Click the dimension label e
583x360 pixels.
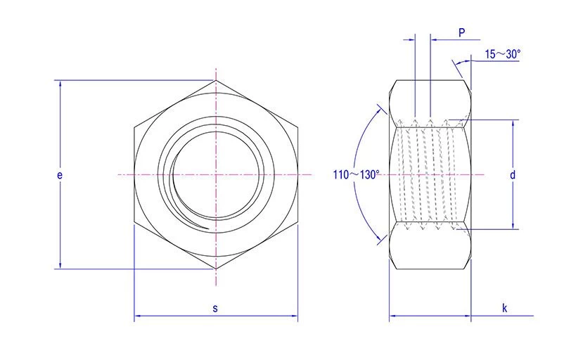tap(60, 174)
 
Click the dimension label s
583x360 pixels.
tap(215, 307)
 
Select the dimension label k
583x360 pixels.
tap(504, 307)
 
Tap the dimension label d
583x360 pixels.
tap(513, 174)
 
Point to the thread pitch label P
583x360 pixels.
tap(461, 32)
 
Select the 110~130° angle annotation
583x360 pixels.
tap(356, 174)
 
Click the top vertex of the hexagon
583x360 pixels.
tap(216, 80)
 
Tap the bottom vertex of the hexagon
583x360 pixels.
tap(216, 268)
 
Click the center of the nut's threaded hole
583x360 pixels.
tap(216, 174)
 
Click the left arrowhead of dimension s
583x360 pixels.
tap(138, 318)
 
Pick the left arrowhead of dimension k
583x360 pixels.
tap(393, 318)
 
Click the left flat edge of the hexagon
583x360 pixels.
tap(134, 174)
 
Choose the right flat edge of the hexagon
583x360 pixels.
tap(297, 174)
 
